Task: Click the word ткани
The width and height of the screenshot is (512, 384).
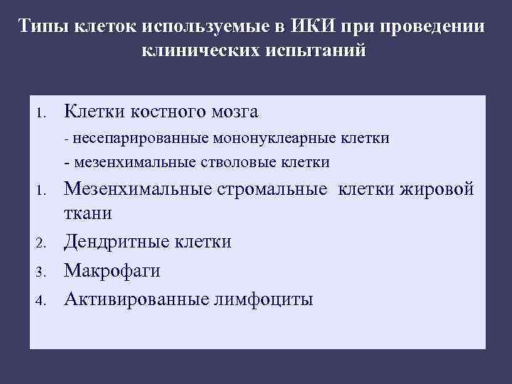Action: (x=88, y=213)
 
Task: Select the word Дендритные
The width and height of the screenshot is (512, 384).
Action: (x=117, y=242)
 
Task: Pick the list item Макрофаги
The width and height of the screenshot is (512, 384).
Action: (x=112, y=271)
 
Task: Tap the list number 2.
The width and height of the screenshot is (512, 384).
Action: (x=42, y=243)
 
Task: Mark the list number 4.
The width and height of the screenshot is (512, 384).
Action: (x=42, y=300)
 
